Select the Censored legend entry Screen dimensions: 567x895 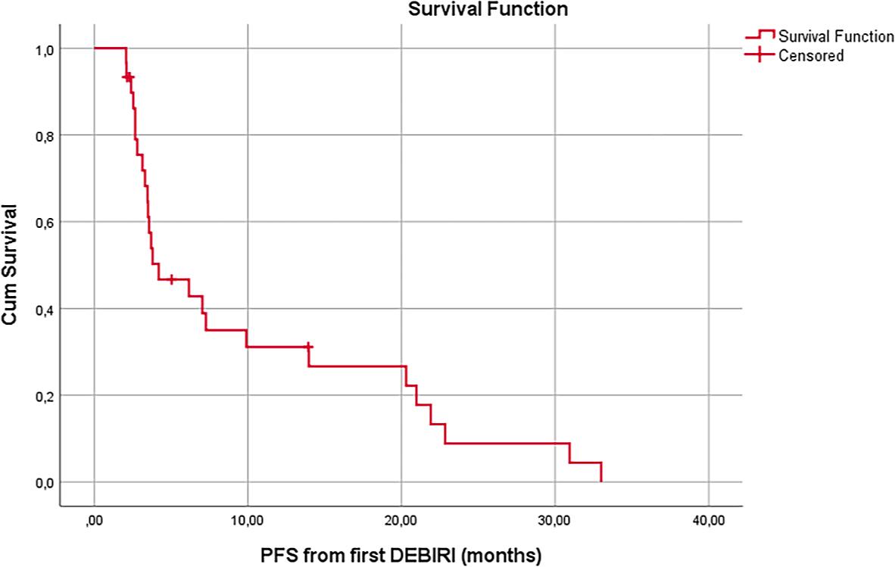[811, 55]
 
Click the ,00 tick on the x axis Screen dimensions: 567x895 [95, 522]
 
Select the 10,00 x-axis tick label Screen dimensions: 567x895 [248, 522]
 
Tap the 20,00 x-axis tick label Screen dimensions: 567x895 [401, 522]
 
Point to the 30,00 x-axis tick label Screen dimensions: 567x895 [555, 522]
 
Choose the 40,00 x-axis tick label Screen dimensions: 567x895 [709, 522]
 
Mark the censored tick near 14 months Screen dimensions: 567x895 [308, 346]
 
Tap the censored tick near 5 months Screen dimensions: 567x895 [172, 279]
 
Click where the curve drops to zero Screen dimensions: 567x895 [601, 481]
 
